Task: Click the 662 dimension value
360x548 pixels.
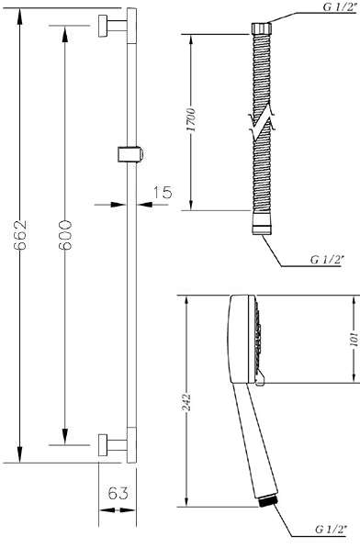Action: click(x=20, y=235)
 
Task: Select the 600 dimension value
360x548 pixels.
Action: click(x=65, y=235)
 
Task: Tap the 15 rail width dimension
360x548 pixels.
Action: click(x=163, y=192)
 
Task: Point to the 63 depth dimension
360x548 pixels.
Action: click(x=118, y=493)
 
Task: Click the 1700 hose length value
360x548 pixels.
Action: click(x=191, y=120)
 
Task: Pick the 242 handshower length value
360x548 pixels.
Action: click(x=187, y=402)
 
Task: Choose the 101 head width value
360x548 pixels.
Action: click(x=354, y=339)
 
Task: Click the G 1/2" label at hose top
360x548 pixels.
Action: click(x=340, y=6)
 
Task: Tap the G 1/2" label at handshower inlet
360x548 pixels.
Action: click(x=331, y=530)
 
